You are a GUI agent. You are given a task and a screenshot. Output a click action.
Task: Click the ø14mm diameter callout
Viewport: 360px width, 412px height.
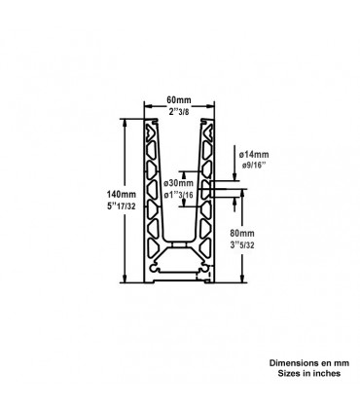point(252,154)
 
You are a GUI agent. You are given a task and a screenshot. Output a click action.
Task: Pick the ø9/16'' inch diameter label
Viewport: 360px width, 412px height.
point(253,166)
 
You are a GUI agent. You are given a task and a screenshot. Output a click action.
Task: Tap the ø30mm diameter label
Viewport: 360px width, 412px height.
point(179,183)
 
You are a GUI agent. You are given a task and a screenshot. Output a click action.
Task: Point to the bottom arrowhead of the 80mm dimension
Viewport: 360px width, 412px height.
point(238,281)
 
